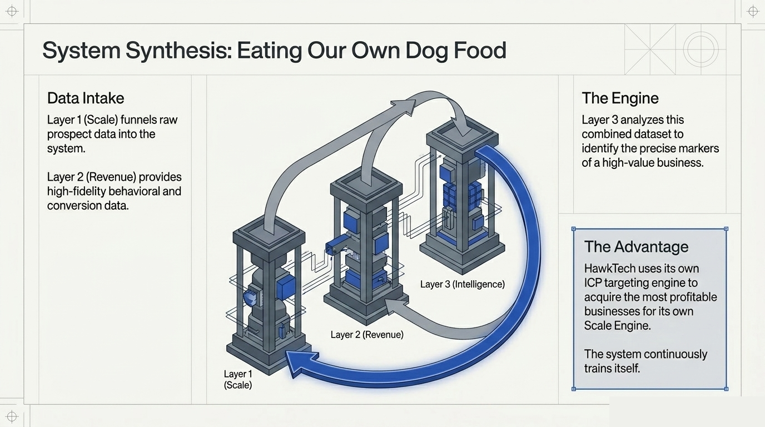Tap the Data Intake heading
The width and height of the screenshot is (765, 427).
(x=86, y=98)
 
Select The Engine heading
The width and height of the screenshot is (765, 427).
(x=620, y=98)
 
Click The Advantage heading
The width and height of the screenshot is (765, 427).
(x=636, y=247)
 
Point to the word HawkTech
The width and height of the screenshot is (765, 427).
(x=609, y=269)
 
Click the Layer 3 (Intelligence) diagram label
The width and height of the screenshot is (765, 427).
(x=463, y=284)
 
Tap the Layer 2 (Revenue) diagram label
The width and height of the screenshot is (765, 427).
(x=367, y=334)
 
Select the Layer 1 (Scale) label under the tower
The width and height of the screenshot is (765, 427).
(x=238, y=380)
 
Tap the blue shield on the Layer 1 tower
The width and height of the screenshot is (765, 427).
(x=251, y=298)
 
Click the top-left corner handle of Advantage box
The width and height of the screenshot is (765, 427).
(x=574, y=229)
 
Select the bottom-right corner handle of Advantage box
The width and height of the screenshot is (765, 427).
(x=726, y=389)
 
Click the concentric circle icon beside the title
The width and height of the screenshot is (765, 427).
(x=701, y=49)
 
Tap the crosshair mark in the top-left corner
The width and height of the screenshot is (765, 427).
(x=12, y=11)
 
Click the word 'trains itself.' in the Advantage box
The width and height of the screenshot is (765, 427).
(x=612, y=368)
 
